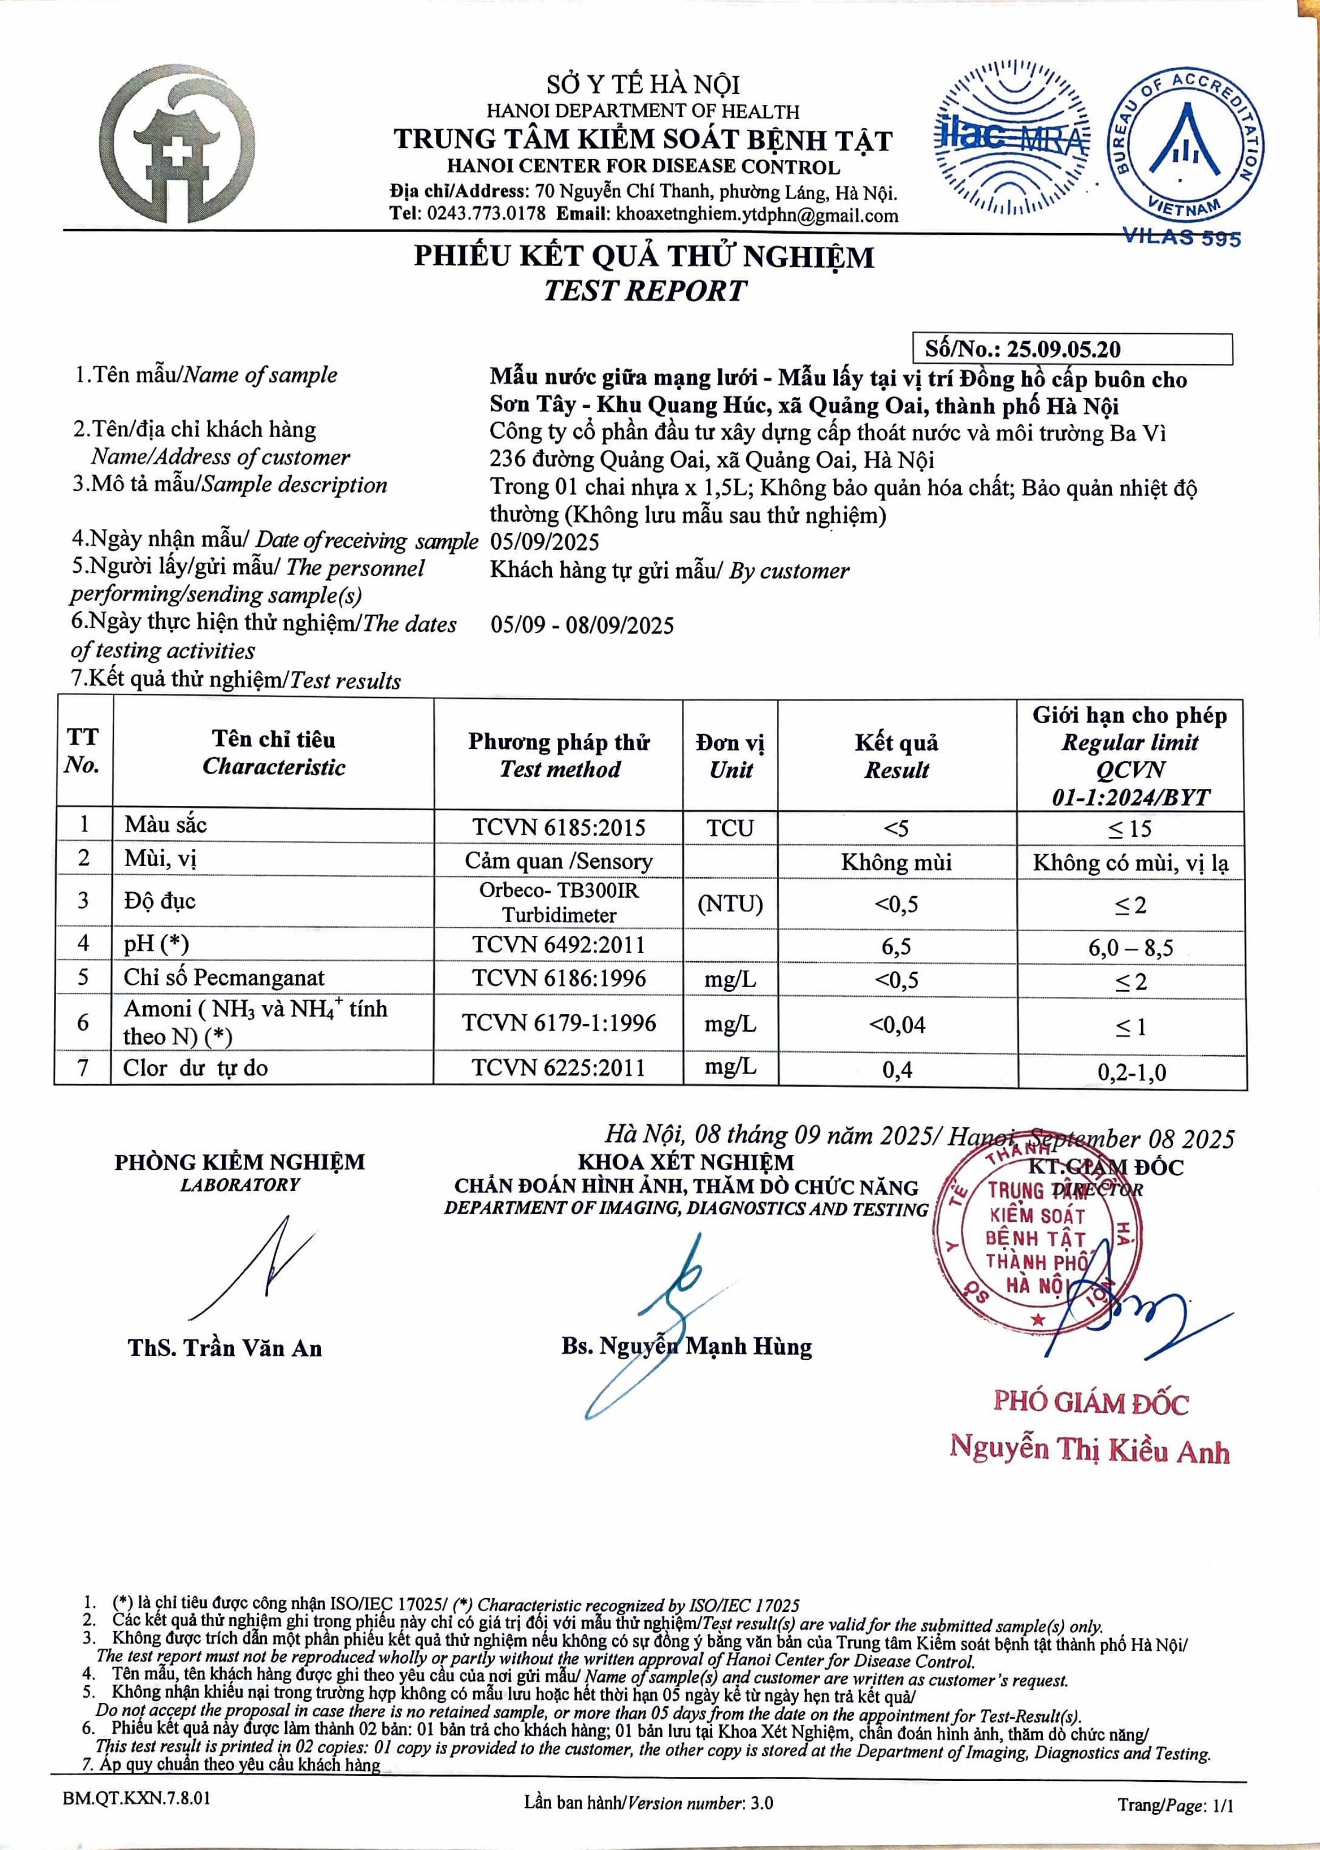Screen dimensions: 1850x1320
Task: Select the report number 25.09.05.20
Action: (1063, 350)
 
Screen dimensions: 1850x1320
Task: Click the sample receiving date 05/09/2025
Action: (544, 542)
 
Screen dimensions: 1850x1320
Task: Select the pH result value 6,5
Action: (896, 946)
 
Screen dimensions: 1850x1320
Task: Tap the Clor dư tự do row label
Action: (195, 1068)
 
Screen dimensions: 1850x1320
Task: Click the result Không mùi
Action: (896, 861)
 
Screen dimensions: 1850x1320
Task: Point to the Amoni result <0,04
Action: (896, 1025)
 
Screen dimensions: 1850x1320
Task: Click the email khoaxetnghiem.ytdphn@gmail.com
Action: (757, 216)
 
